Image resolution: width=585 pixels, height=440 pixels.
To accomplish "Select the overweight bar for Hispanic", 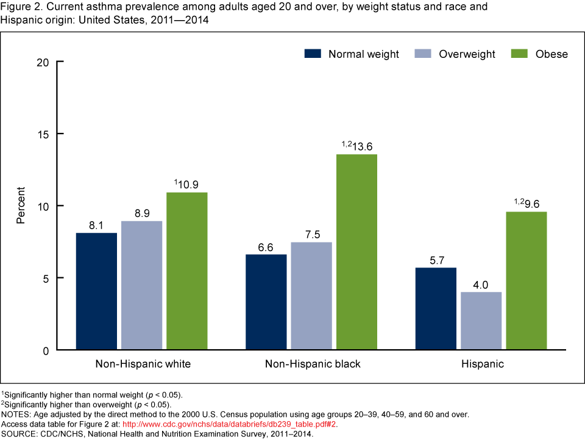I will [x=480, y=321].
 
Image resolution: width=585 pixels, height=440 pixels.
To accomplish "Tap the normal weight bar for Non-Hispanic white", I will [x=96, y=291].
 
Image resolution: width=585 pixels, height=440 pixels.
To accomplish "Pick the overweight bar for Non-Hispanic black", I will [x=311, y=296].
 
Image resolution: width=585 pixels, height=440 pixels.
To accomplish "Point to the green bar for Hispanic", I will [x=526, y=281].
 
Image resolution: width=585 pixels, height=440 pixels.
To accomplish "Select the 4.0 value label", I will [x=480, y=283].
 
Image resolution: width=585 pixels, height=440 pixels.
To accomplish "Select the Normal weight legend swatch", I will [x=312, y=54].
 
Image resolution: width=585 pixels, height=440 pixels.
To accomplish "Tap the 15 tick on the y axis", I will [x=42, y=134].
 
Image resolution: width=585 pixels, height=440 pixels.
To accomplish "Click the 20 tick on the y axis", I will [x=42, y=62].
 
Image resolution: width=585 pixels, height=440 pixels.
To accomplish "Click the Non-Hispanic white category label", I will [x=143, y=364].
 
